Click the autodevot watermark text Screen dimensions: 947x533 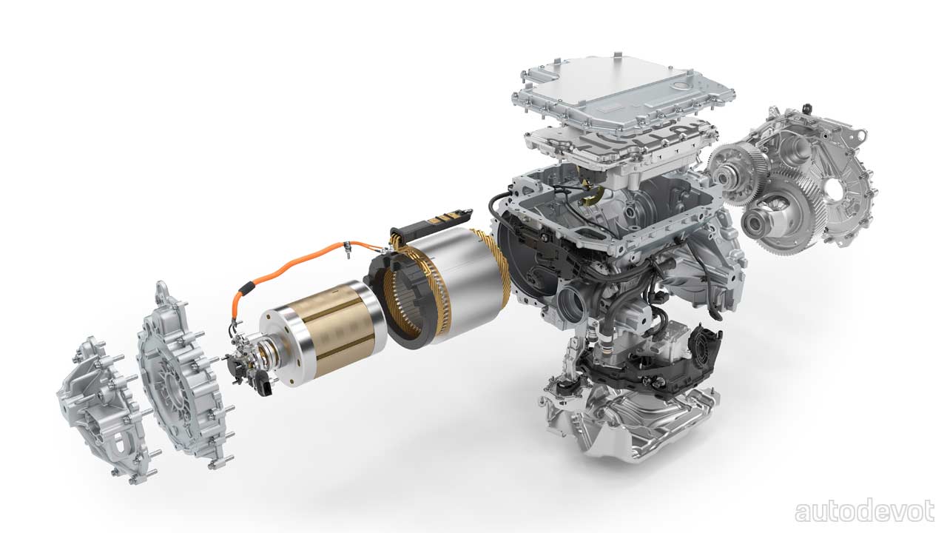tap(865, 512)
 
